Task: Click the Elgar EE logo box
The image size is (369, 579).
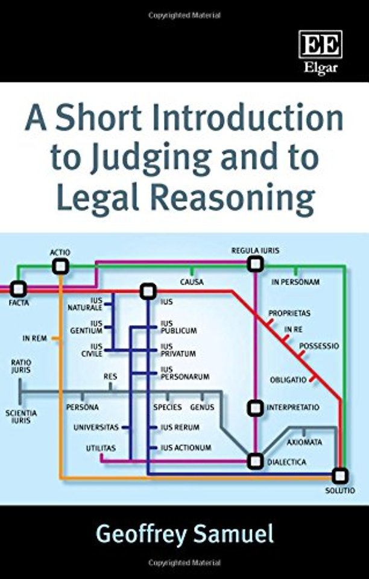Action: pyautogui.click(x=320, y=44)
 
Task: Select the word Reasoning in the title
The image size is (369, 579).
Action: pyautogui.click(x=233, y=200)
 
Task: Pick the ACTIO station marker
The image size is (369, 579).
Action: pyautogui.click(x=60, y=266)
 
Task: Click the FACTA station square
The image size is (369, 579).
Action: pyautogui.click(x=18, y=289)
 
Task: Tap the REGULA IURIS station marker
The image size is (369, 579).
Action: pyautogui.click(x=255, y=264)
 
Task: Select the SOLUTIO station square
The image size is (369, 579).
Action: pyautogui.click(x=339, y=476)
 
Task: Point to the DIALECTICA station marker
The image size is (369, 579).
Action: pyautogui.click(x=255, y=461)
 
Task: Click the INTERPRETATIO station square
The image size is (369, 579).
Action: pyautogui.click(x=255, y=408)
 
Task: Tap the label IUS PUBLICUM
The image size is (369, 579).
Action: pyautogui.click(x=178, y=327)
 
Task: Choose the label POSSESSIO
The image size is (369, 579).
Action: pyautogui.click(x=319, y=346)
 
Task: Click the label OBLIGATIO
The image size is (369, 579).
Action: pyautogui.click(x=288, y=379)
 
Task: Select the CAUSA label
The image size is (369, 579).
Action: pyautogui.click(x=192, y=282)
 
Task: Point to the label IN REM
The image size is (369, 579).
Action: pyautogui.click(x=35, y=338)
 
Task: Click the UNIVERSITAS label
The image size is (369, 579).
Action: pyautogui.click(x=96, y=428)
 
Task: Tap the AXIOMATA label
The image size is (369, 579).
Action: pyautogui.click(x=304, y=442)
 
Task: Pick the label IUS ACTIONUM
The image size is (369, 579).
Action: pyautogui.click(x=186, y=448)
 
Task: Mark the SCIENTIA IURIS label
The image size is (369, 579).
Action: pyautogui.click(x=21, y=417)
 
